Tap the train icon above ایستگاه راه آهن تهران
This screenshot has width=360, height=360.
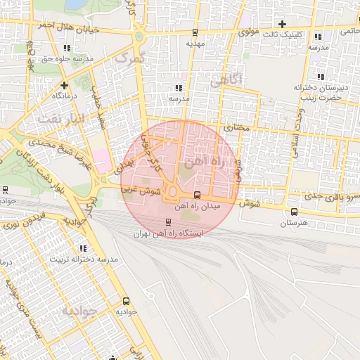pos(167,222)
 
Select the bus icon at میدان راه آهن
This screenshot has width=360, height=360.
pos(197,195)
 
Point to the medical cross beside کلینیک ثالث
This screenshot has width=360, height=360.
pos(282,24)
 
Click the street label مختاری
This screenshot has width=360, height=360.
pos(237,128)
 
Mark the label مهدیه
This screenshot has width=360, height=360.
pos(195,43)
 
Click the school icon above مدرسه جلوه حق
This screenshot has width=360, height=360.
pos(67,48)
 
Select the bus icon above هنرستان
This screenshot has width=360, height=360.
pos(294,212)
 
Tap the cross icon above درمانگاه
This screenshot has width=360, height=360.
pos(64,84)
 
